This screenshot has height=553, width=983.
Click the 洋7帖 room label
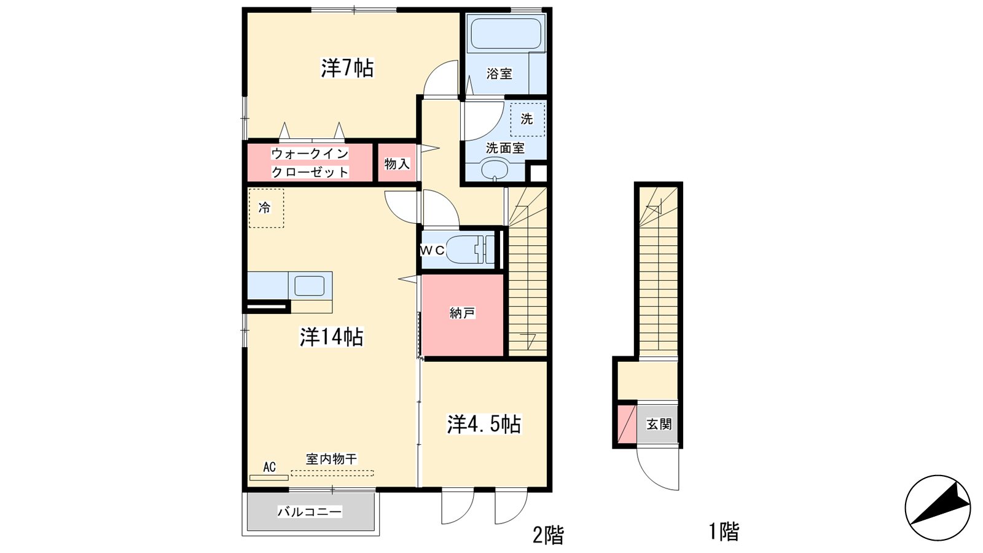tap(347, 68)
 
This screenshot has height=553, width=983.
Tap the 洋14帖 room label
tap(331, 337)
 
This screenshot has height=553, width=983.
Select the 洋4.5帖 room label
tap(484, 425)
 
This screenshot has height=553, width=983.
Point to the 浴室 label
tap(499, 73)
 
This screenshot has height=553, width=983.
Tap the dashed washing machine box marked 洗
tap(527, 119)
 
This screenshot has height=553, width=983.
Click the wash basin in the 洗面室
tap(495, 170)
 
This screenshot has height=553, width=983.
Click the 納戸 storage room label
tap(463, 313)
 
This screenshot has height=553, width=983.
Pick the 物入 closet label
tap(397, 163)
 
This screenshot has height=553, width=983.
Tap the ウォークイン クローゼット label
tap(310, 163)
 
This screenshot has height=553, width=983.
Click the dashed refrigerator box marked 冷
tap(266, 208)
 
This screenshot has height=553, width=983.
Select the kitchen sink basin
tap(310, 286)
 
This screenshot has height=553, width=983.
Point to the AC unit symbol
tap(269, 477)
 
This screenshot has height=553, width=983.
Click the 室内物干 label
tap(332, 459)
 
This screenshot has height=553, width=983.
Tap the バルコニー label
tap(310, 512)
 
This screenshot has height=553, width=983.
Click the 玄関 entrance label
tap(659, 424)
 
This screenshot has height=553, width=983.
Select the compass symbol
tap(938, 508)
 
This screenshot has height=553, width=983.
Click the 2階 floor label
tap(548, 535)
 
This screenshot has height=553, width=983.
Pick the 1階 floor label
tap(724, 531)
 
